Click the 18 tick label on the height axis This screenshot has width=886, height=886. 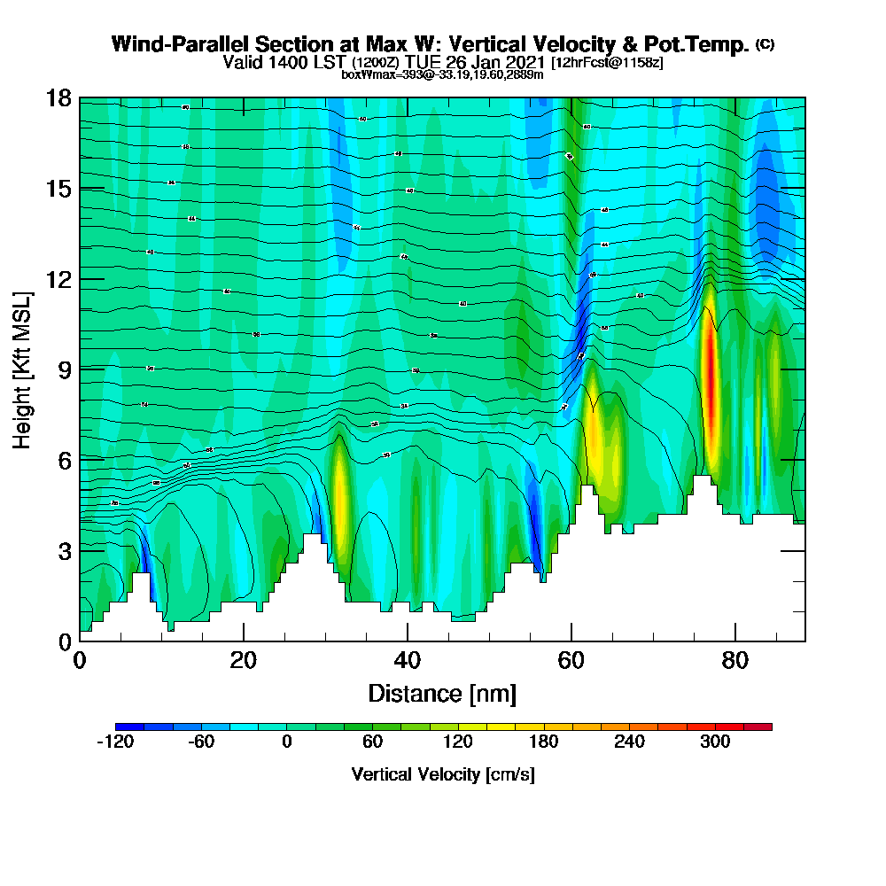[58, 98]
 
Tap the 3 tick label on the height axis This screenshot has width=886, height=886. [64, 551]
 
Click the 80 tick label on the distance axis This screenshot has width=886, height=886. [735, 660]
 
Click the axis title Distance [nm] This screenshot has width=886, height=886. [442, 693]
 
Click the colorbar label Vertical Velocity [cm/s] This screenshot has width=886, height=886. [443, 774]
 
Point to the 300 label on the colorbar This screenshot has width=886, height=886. [715, 742]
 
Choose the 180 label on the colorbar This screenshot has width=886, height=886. [544, 742]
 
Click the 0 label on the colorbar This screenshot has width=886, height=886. [286, 742]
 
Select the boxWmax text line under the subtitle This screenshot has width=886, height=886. [442, 74]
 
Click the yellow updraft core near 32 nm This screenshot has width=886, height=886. [338, 496]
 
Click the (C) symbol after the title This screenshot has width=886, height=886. [765, 44]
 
